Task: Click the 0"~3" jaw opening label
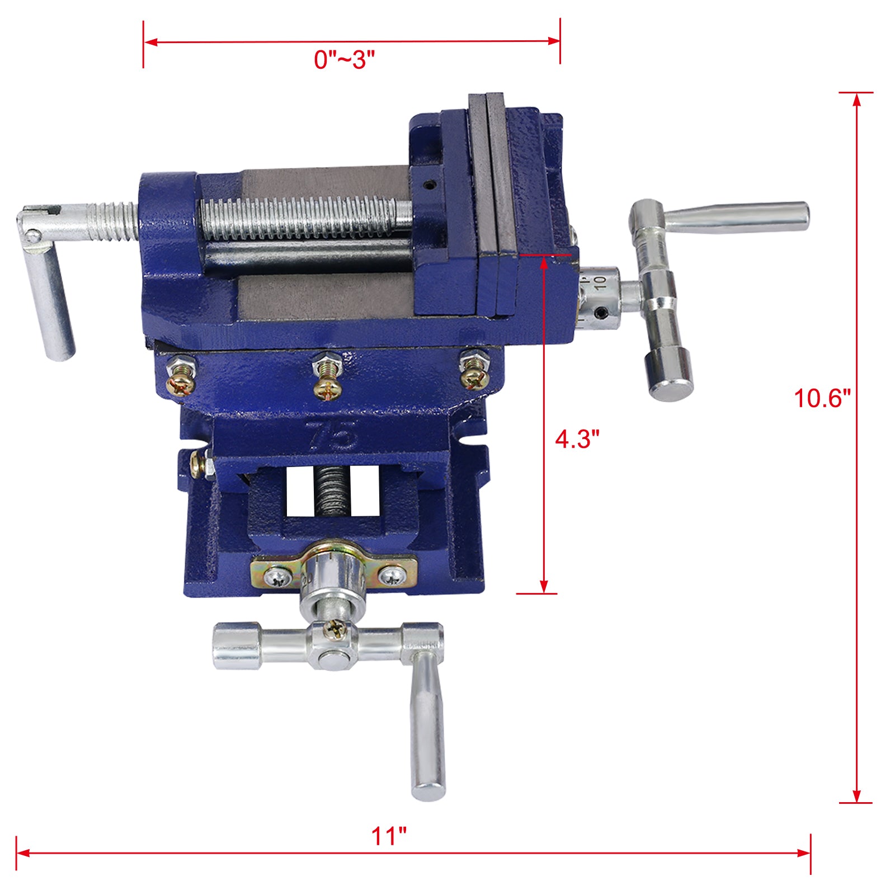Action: coord(344,59)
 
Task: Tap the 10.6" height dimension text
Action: coord(822,398)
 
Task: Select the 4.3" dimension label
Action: coord(577,439)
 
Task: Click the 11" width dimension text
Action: coord(389,836)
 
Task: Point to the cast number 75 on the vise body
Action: coord(332,435)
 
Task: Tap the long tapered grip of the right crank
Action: coord(738,217)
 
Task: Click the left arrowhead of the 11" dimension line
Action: coord(22,853)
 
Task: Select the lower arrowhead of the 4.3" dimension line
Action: coord(543,586)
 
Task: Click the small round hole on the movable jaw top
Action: coord(429,183)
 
